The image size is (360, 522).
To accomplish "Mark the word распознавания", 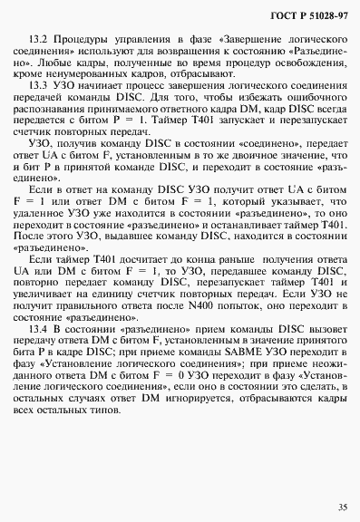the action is [x=60, y=131].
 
